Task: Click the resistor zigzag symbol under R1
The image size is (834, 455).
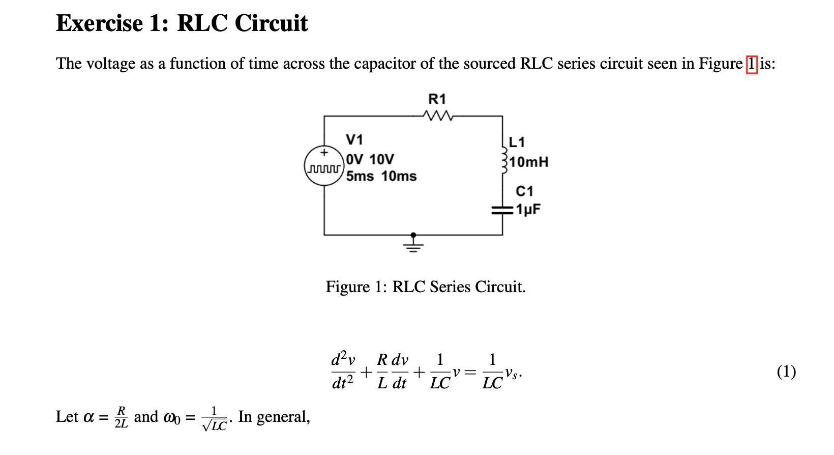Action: [x=437, y=116]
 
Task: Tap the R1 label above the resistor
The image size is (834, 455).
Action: [x=437, y=99]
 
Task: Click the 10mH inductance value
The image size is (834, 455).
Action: [x=529, y=162]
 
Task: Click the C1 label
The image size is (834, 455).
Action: [x=524, y=191]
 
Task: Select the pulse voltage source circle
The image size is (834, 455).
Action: [x=323, y=166]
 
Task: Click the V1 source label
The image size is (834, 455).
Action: [x=354, y=139]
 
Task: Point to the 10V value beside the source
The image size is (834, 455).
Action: [x=381, y=160]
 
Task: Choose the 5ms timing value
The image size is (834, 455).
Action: [x=360, y=177]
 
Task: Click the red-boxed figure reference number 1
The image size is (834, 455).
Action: [x=751, y=64]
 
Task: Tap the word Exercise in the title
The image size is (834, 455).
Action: [x=100, y=23]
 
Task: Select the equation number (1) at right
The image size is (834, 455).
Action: [x=786, y=372]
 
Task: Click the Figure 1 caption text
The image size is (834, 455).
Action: [x=425, y=287]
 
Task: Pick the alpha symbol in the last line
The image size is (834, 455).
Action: [x=88, y=417]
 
